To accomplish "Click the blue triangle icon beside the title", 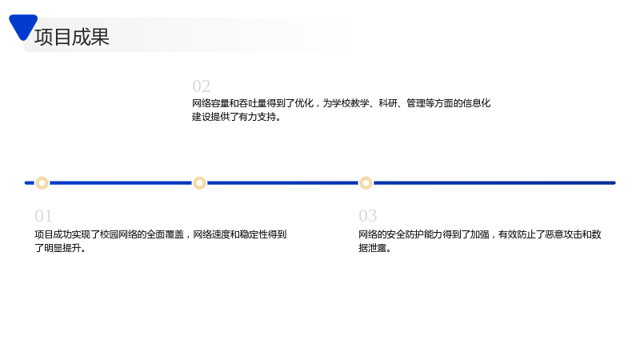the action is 23,26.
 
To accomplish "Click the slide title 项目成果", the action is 72,37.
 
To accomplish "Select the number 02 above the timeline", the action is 202,86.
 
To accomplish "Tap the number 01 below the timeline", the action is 44,215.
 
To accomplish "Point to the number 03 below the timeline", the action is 368,215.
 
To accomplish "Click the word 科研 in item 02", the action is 388,103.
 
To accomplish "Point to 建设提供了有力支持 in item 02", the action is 234,117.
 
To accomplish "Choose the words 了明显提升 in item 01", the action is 58,248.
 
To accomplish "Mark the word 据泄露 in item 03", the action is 373,248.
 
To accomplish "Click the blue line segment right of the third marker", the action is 494,183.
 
